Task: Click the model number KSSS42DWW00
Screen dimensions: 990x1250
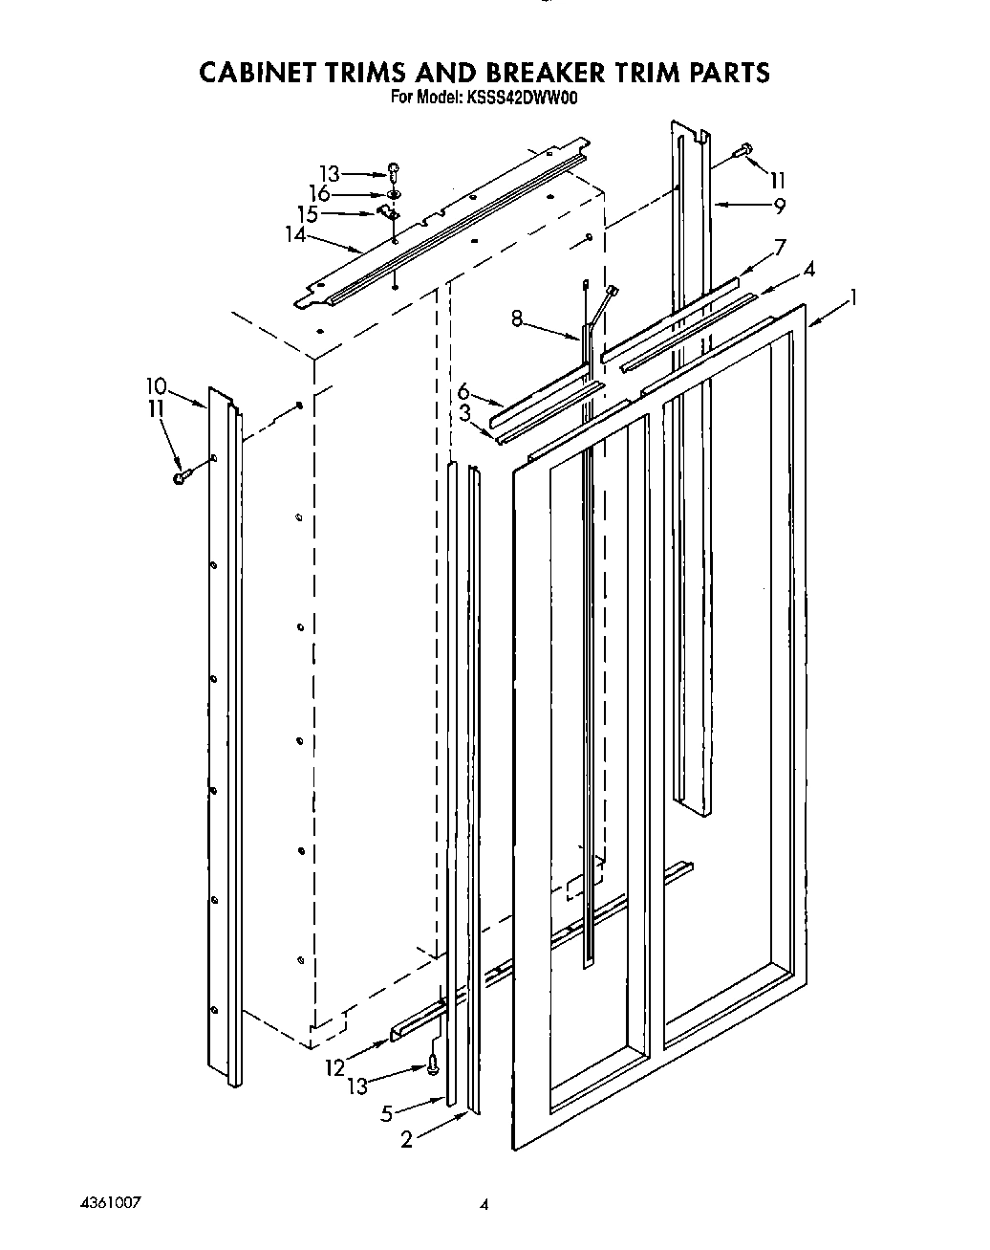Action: [524, 97]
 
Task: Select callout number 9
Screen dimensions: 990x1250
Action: [780, 205]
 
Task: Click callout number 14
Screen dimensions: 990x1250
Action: [296, 233]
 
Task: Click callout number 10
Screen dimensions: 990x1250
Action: [156, 386]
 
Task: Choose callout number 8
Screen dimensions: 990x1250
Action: [517, 320]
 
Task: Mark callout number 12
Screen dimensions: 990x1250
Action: [334, 1066]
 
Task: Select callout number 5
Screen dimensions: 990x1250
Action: [387, 1112]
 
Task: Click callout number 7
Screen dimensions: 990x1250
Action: [780, 248]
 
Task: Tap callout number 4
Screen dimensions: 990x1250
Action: [808, 271]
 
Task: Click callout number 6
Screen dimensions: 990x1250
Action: [464, 391]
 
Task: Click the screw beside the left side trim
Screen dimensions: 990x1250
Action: [182, 475]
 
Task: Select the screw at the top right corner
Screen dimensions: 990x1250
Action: [743, 150]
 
